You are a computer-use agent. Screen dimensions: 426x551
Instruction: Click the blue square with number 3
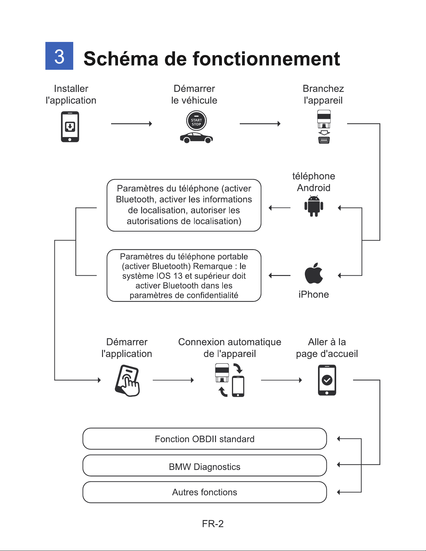point(59,56)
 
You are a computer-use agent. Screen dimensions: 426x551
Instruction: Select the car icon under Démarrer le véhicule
point(196,138)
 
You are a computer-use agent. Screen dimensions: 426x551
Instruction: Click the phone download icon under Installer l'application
point(70,127)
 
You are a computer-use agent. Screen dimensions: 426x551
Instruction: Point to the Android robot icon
point(314,206)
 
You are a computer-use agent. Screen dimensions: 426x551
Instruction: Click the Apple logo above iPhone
point(314,273)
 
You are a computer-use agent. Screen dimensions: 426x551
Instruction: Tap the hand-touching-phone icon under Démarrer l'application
point(127,380)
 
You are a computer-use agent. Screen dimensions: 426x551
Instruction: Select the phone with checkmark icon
point(327,380)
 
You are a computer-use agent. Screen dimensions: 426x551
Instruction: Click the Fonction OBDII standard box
point(205,439)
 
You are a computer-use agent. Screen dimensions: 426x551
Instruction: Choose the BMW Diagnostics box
point(205,466)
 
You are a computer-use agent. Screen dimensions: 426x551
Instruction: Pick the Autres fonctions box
point(205,492)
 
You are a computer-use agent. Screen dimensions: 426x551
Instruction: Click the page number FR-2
point(213,524)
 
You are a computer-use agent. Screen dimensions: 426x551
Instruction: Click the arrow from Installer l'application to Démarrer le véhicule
point(131,124)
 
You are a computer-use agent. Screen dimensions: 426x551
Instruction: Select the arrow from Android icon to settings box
point(280,207)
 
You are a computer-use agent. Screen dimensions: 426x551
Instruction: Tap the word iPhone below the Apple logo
point(314,294)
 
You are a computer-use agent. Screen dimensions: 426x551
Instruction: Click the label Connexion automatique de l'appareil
point(230,348)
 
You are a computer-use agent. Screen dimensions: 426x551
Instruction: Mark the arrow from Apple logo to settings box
point(280,276)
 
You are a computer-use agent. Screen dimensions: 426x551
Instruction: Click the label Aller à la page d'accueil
point(327,348)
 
